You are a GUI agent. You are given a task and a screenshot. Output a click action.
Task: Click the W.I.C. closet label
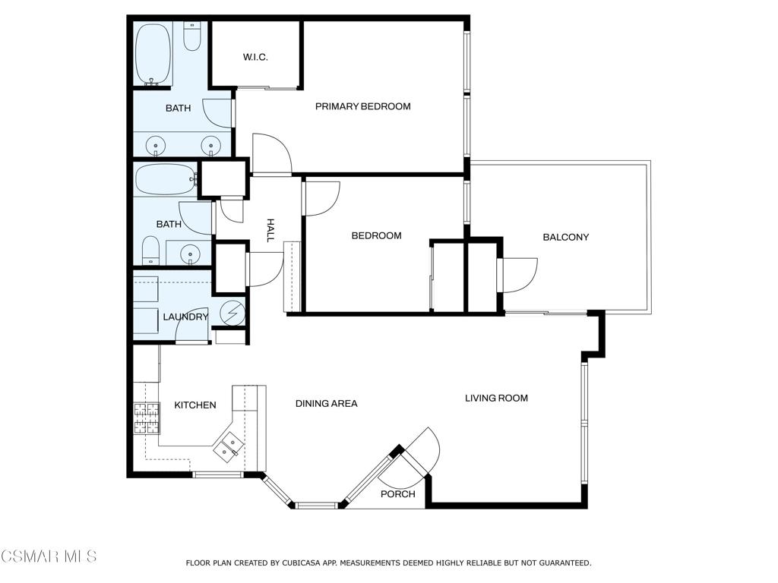[x=255, y=58]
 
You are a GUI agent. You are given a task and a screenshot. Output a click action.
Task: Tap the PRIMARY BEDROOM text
[x=362, y=106]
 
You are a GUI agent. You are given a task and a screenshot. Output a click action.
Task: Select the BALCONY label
[x=565, y=237]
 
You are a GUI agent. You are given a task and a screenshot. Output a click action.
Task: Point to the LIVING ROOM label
[x=496, y=398]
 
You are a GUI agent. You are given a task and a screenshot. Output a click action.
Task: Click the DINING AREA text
[x=326, y=404]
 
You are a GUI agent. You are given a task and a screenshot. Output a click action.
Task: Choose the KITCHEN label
[x=195, y=405]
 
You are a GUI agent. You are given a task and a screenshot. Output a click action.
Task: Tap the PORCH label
[x=398, y=494]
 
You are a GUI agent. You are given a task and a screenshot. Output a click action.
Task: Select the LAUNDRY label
[x=185, y=317]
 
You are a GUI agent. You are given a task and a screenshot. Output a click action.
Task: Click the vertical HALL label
[x=270, y=231]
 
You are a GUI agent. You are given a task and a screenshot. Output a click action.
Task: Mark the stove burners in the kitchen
[x=147, y=418]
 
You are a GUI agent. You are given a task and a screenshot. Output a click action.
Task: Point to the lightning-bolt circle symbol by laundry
[x=233, y=312]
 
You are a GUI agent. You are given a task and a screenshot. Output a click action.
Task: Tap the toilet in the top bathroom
[x=192, y=36]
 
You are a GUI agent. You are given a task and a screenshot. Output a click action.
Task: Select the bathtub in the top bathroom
[x=154, y=53]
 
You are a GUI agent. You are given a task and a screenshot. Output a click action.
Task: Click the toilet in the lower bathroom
[x=150, y=251]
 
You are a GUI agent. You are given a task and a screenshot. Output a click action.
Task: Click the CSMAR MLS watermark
[x=49, y=556]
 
